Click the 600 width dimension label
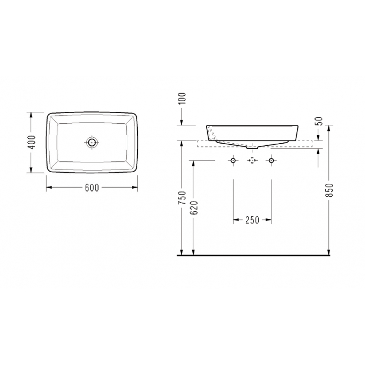coord(92,188)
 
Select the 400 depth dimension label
coord(32,142)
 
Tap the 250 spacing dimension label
coord(252,220)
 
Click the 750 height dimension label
coord(182,198)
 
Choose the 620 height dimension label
coord(194,208)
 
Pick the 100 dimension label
coord(182,99)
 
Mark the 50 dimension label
coord(320,121)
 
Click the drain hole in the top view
coord(92,142)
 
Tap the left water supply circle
coord(233,161)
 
